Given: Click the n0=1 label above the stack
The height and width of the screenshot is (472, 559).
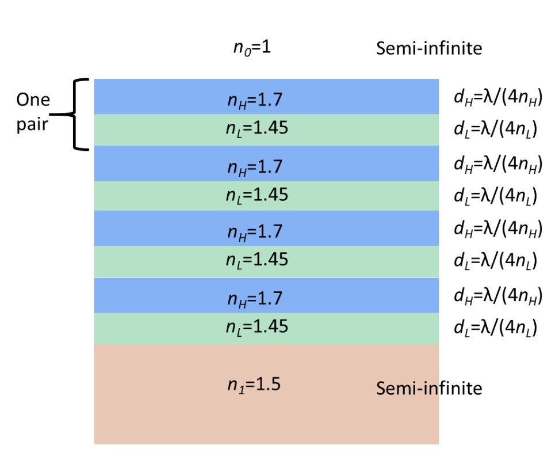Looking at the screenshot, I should (x=251, y=48).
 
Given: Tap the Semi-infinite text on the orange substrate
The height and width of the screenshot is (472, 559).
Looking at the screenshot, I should (x=428, y=389).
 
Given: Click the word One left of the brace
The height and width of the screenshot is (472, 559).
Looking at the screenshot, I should (x=33, y=100).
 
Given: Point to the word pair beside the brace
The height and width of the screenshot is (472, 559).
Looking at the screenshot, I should (x=32, y=124).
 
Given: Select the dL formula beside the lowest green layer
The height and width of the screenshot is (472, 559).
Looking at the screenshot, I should (x=496, y=328).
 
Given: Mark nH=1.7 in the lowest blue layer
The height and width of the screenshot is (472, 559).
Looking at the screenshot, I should (x=255, y=299).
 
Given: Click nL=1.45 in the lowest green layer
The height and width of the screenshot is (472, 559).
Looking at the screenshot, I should (x=256, y=326).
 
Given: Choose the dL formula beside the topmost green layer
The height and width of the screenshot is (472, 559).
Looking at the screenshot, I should (x=496, y=131).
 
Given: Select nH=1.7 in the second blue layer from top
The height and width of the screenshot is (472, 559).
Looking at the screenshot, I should (x=255, y=167).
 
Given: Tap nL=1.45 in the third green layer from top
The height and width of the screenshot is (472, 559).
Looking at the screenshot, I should (x=256, y=260).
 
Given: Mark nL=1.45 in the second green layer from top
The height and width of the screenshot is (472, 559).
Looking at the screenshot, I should (x=256, y=195).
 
